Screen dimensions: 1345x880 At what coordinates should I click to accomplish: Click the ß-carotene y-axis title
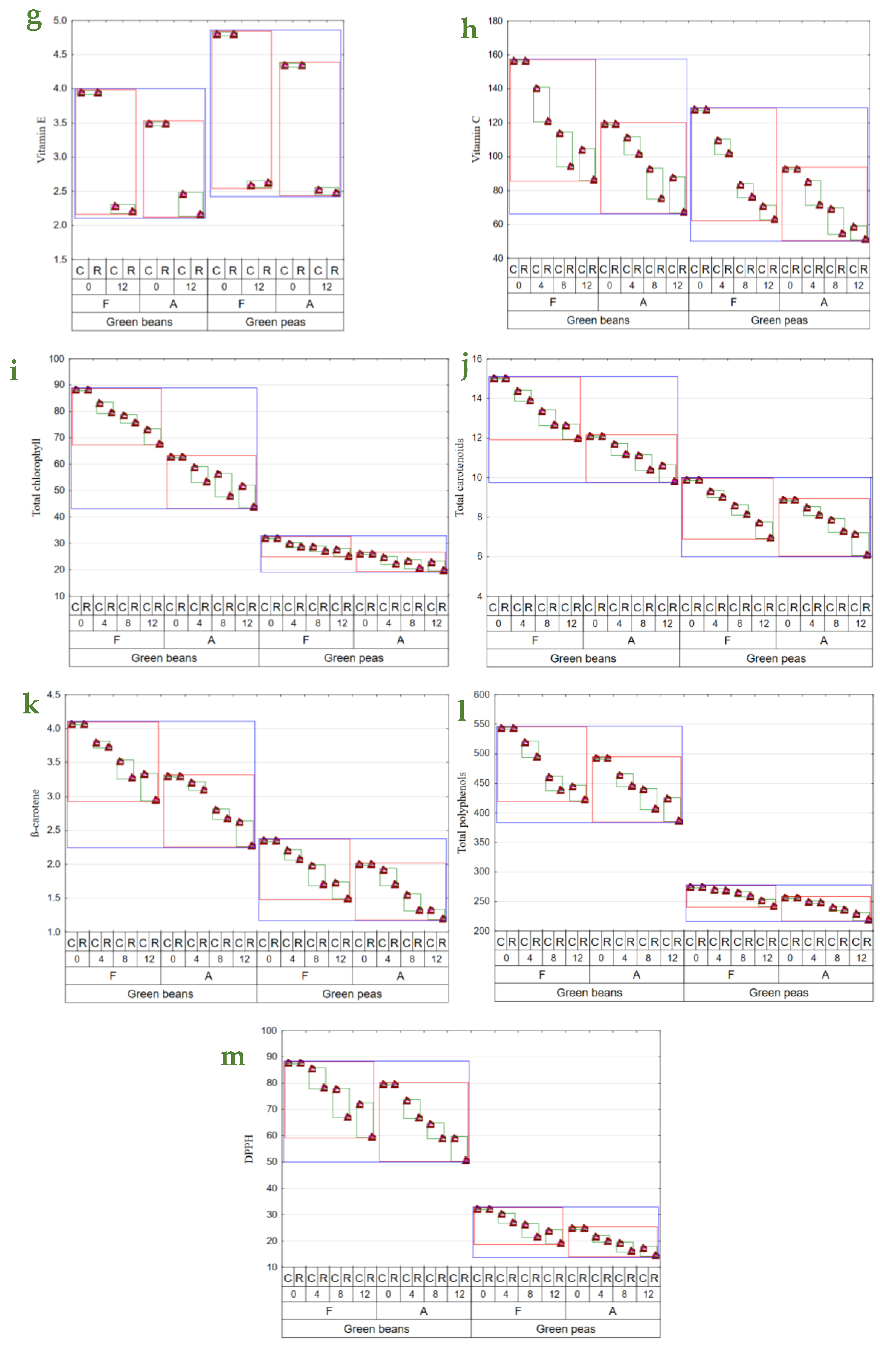click(x=35, y=813)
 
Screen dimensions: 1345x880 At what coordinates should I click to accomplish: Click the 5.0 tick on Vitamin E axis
click(x=60, y=21)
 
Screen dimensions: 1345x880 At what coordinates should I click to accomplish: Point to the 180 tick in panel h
click(x=495, y=21)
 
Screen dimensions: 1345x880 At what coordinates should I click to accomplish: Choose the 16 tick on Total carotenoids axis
click(x=477, y=359)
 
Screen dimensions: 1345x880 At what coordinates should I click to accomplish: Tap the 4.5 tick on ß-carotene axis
click(x=54, y=695)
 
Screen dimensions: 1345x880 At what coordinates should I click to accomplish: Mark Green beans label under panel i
click(x=164, y=658)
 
